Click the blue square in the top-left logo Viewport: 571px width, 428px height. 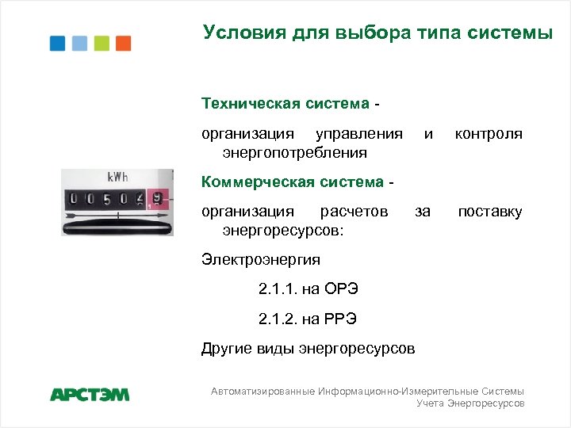(x=58, y=43)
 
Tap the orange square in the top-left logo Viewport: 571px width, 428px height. (x=123, y=43)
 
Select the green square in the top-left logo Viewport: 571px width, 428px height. (x=102, y=43)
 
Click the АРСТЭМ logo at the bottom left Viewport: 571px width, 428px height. (x=90, y=394)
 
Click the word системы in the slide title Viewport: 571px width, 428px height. (x=511, y=32)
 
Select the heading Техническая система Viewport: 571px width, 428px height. (x=285, y=104)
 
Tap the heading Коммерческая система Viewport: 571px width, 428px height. (x=293, y=182)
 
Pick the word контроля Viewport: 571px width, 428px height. (x=488, y=134)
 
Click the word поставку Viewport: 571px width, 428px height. (x=490, y=212)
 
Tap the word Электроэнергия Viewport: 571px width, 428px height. (x=261, y=259)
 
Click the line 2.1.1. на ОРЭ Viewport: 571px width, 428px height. (x=308, y=289)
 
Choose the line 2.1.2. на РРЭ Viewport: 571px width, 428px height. (x=308, y=319)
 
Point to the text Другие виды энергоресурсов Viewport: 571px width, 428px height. (x=308, y=349)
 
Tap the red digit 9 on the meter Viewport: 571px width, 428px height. (x=159, y=198)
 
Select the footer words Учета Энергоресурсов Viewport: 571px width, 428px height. (x=470, y=403)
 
